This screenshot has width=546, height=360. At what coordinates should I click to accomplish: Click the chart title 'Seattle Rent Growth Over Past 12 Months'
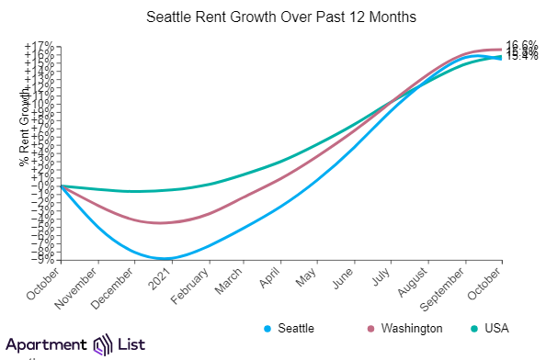[272, 17]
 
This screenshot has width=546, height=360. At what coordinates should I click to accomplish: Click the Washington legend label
[412, 328]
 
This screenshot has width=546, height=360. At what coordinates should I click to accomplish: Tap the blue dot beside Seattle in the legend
[267, 328]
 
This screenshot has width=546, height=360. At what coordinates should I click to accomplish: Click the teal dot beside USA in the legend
[472, 328]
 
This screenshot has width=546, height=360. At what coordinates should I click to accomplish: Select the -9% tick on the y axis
[43, 259]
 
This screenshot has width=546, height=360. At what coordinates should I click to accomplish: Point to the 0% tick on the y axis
[46, 186]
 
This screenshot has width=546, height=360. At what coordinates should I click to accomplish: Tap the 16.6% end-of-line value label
[522, 45]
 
